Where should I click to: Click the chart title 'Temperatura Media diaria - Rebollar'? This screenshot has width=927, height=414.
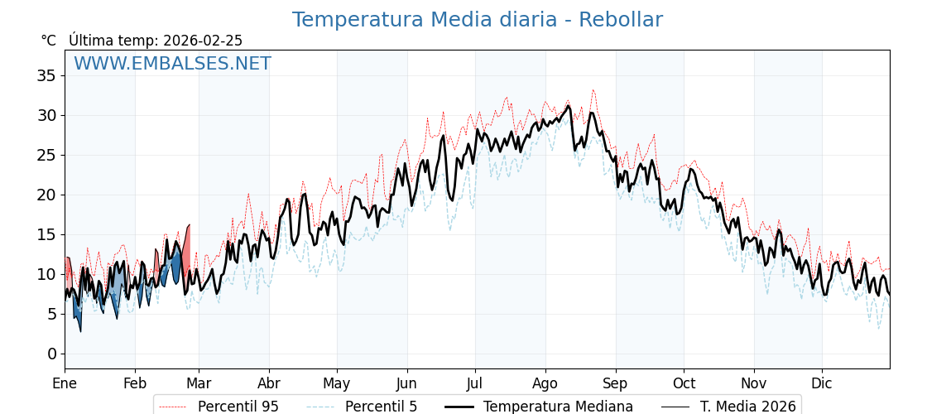pyautogui.click(x=477, y=20)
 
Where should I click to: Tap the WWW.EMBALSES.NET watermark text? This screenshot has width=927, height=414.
pyautogui.click(x=172, y=64)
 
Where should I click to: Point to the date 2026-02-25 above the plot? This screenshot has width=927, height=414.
pyautogui.click(x=203, y=41)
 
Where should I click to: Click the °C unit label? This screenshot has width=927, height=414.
pyautogui.click(x=49, y=41)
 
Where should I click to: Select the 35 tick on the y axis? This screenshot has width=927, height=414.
pyautogui.click(x=46, y=75)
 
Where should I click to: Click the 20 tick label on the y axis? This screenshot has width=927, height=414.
pyautogui.click(x=46, y=195)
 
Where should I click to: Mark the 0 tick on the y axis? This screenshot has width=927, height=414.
pyautogui.click(x=51, y=354)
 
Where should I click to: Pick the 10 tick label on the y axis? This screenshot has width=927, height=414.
pyautogui.click(x=46, y=274)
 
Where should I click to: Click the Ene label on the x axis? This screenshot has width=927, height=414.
pyautogui.click(x=65, y=383)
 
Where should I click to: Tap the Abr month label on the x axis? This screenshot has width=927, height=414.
pyautogui.click(x=269, y=383)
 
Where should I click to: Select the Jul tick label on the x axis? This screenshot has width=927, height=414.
pyautogui.click(x=475, y=383)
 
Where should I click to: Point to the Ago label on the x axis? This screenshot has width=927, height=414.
pyautogui.click(x=545, y=383)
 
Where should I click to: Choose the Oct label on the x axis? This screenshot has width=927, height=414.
pyautogui.click(x=684, y=383)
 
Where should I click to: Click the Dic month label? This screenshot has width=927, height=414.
pyautogui.click(x=822, y=383)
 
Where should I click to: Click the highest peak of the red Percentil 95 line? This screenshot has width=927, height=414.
pyautogui.click(x=593, y=89)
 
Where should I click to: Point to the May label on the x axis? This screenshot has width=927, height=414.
pyautogui.click(x=337, y=383)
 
